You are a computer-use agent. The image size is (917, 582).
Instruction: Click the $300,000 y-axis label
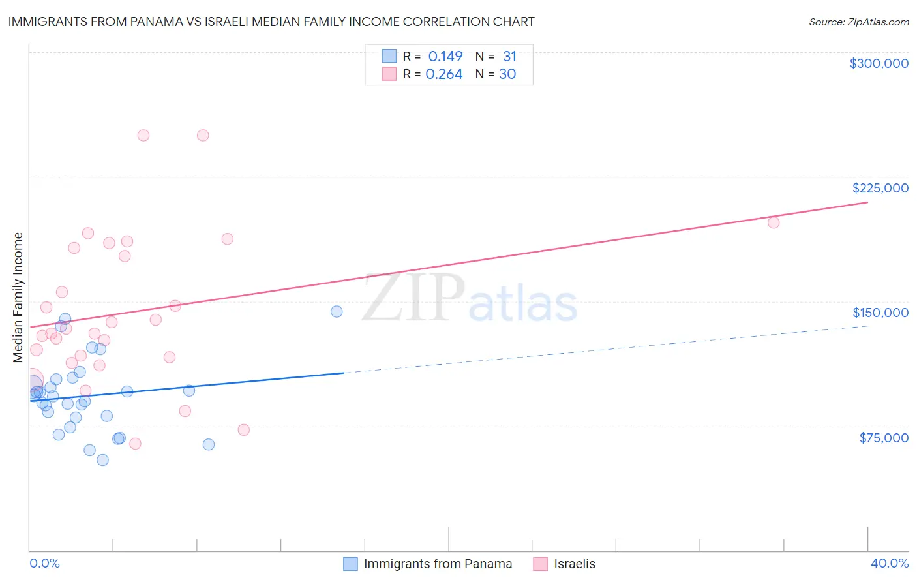[x=879, y=63]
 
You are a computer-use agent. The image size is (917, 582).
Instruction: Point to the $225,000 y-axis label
[x=880, y=188]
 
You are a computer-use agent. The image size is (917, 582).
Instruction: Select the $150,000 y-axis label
[x=880, y=313]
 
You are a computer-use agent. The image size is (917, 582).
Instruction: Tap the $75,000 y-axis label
[x=883, y=438]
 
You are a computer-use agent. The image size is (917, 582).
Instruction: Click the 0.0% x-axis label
[x=44, y=563]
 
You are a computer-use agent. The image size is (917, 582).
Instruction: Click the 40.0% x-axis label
[x=889, y=563]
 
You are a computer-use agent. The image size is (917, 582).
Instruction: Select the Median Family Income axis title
[x=18, y=297]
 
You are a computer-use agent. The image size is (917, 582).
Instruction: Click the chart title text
[x=271, y=22]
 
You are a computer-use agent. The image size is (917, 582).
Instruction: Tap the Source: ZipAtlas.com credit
[x=858, y=22]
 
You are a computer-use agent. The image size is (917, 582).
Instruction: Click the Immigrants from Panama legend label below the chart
[x=438, y=564]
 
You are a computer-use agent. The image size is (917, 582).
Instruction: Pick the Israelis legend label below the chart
[x=575, y=564]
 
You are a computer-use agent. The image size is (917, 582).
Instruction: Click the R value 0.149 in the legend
[x=445, y=57]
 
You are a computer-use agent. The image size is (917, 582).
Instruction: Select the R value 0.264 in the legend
[x=444, y=74]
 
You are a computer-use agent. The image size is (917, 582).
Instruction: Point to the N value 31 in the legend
[x=509, y=57]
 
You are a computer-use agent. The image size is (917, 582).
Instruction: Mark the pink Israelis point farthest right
[x=774, y=222]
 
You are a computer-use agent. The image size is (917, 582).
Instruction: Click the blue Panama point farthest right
[x=337, y=311]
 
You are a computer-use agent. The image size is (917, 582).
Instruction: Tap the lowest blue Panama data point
[x=102, y=460]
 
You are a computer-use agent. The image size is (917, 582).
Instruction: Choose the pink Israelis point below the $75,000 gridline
[x=135, y=444]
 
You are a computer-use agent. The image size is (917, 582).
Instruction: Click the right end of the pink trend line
[x=867, y=202]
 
